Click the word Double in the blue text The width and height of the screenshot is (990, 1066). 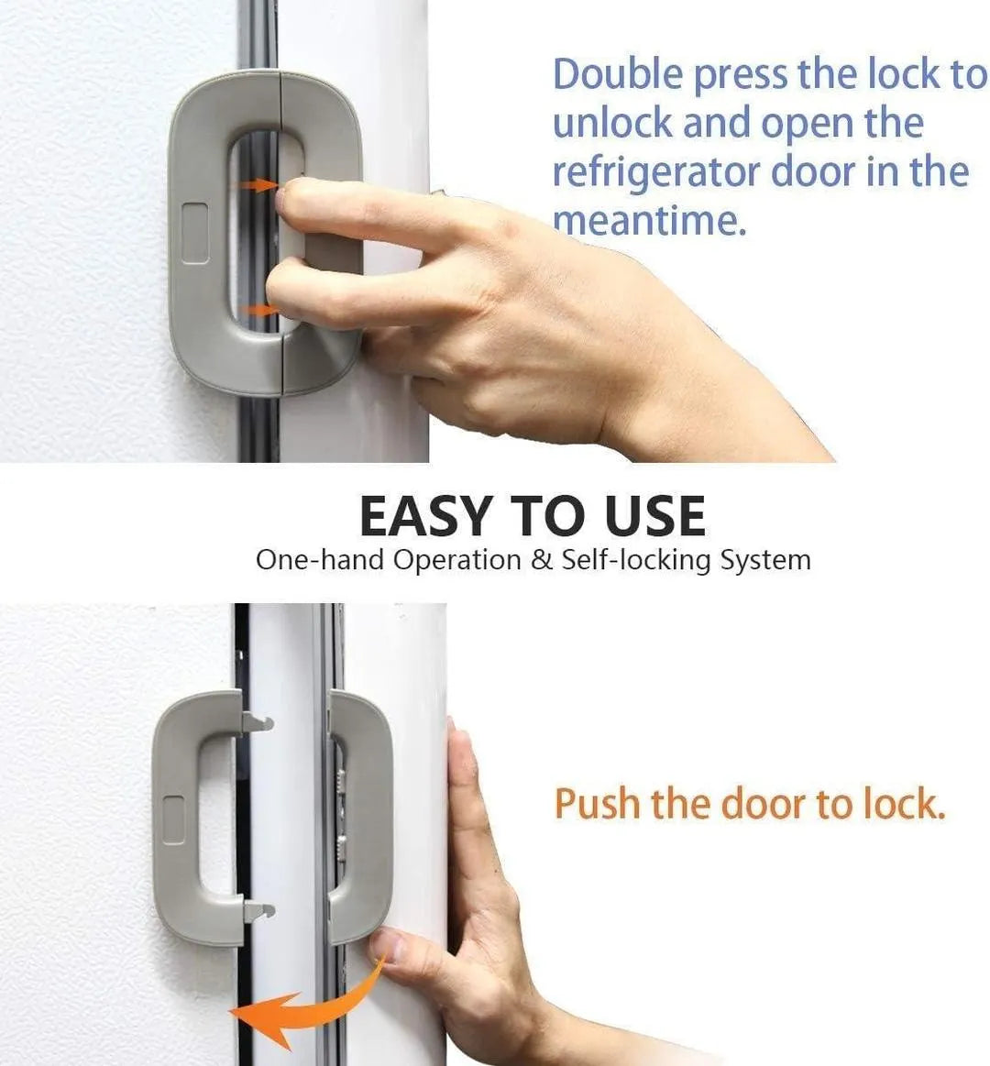(618, 75)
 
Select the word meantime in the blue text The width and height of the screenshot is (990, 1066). (649, 220)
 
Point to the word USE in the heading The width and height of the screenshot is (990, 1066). (654, 516)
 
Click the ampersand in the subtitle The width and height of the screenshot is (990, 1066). (542, 560)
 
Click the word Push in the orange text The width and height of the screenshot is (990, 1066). (597, 804)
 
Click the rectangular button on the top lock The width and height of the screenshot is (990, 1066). (194, 233)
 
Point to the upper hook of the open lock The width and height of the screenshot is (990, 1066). (260, 722)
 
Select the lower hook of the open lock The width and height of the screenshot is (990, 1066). (260, 911)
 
